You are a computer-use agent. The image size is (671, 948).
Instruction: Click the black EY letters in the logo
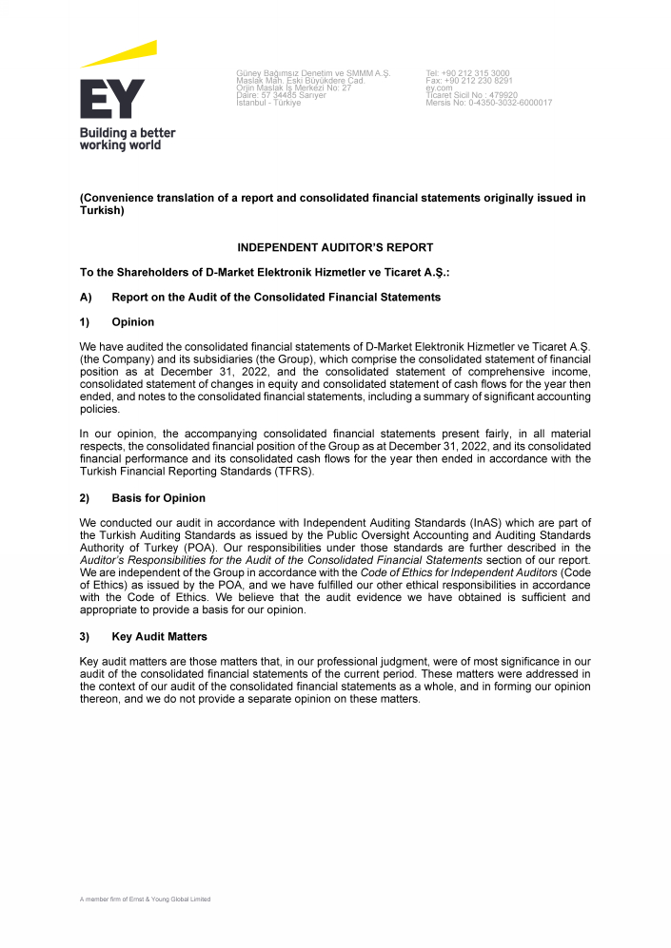pyautogui.click(x=112, y=99)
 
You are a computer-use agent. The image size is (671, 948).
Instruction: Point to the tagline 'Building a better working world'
pyautogui.click(x=127, y=139)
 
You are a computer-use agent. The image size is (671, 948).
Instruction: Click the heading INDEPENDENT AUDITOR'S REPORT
pyautogui.click(x=335, y=247)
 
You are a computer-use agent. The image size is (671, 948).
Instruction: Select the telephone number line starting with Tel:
pyautogui.click(x=467, y=73)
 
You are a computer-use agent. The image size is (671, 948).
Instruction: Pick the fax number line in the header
pyautogui.click(x=469, y=81)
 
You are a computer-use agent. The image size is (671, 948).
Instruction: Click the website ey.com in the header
pyautogui.click(x=439, y=88)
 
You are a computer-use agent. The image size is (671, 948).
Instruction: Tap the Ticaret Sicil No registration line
pyautogui.click(x=471, y=95)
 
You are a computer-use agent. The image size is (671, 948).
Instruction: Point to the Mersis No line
pyautogui.click(x=488, y=103)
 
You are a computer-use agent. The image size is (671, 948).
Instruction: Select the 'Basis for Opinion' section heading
pyautogui.click(x=158, y=498)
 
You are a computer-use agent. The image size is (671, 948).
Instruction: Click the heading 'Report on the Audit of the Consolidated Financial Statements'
pyautogui.click(x=276, y=298)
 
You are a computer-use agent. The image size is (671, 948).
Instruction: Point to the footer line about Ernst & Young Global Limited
pyautogui.click(x=145, y=899)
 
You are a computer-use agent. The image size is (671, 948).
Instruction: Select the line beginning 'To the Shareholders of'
pyautogui.click(x=265, y=272)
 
